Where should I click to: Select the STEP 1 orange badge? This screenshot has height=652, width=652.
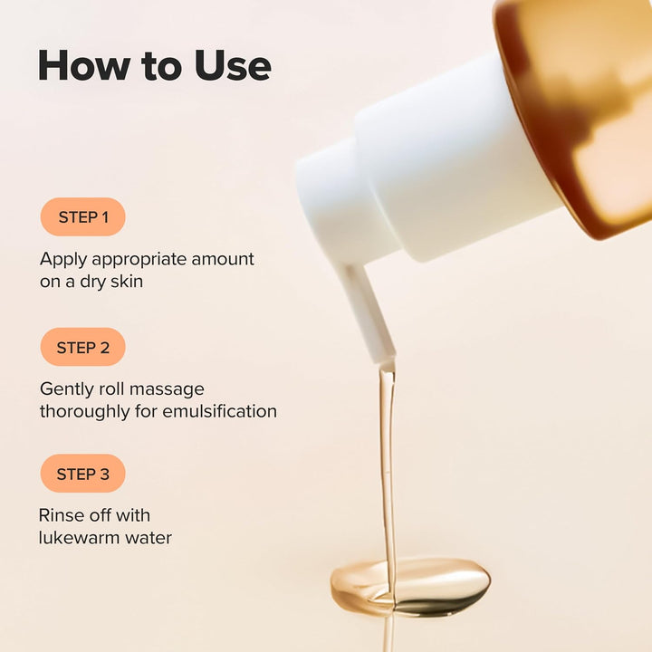coord(83,217)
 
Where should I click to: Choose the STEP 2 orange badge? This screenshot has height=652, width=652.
coord(83,348)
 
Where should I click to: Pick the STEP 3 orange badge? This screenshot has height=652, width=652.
coord(83,474)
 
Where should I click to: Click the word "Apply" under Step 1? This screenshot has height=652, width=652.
coord(62,260)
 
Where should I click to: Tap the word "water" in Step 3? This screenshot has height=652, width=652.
coord(148,538)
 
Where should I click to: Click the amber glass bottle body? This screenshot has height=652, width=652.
coord(589,109)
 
